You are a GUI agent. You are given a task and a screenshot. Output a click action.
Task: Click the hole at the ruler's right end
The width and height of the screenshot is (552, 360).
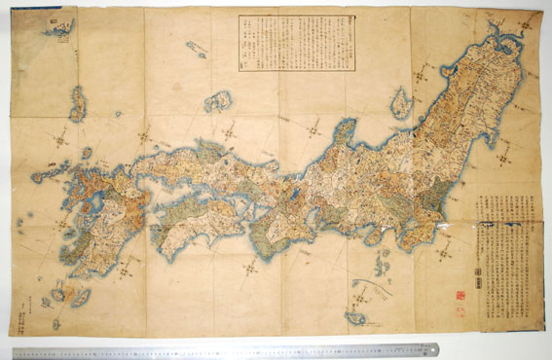coord(432,348)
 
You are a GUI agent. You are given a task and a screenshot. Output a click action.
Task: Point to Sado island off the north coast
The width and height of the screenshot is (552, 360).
coord(400,101)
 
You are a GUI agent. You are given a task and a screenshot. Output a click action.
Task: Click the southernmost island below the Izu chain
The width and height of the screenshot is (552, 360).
coord(355,317)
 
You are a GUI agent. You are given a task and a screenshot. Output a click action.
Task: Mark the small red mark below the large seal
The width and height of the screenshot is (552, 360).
coord(461,306)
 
